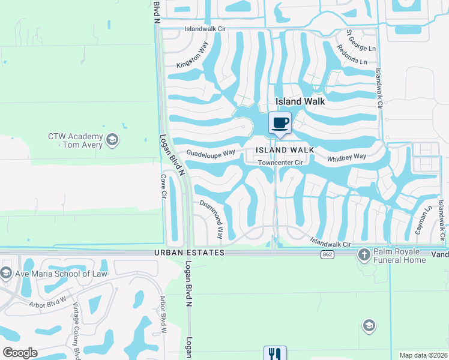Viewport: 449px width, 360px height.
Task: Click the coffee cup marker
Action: [280, 123]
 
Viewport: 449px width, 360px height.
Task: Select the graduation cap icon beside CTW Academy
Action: [112, 140]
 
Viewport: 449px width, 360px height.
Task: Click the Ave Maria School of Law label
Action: [60, 274]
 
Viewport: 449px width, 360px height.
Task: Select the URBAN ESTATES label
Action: [189, 253]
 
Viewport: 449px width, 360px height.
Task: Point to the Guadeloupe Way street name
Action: [210, 153]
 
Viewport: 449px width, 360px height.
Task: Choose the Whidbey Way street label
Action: [346, 157]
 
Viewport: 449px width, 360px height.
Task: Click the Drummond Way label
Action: [211, 219]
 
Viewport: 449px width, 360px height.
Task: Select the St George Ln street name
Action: [361, 41]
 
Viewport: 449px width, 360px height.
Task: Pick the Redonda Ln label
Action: [352, 55]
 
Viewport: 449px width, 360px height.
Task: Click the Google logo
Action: [20, 353]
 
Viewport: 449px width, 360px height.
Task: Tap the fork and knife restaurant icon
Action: [274, 353]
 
